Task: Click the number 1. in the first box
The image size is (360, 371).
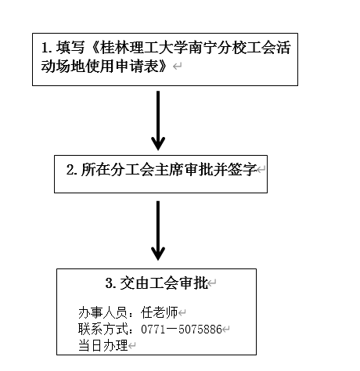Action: click(x=47, y=48)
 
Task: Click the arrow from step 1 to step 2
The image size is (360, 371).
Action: click(x=158, y=121)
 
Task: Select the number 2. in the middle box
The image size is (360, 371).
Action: click(x=72, y=170)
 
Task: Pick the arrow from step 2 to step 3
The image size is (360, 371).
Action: click(x=158, y=231)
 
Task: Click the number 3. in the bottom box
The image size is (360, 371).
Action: click(x=111, y=283)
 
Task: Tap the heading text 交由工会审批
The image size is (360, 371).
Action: click(x=164, y=283)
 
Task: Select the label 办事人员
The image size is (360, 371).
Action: click(x=103, y=312)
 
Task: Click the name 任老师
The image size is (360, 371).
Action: click(x=159, y=312)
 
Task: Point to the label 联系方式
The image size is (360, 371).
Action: click(x=103, y=329)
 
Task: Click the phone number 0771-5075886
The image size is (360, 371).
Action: click(x=182, y=330)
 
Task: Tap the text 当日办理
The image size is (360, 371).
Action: click(x=103, y=345)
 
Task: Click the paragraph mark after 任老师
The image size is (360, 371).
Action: click(x=182, y=313)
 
